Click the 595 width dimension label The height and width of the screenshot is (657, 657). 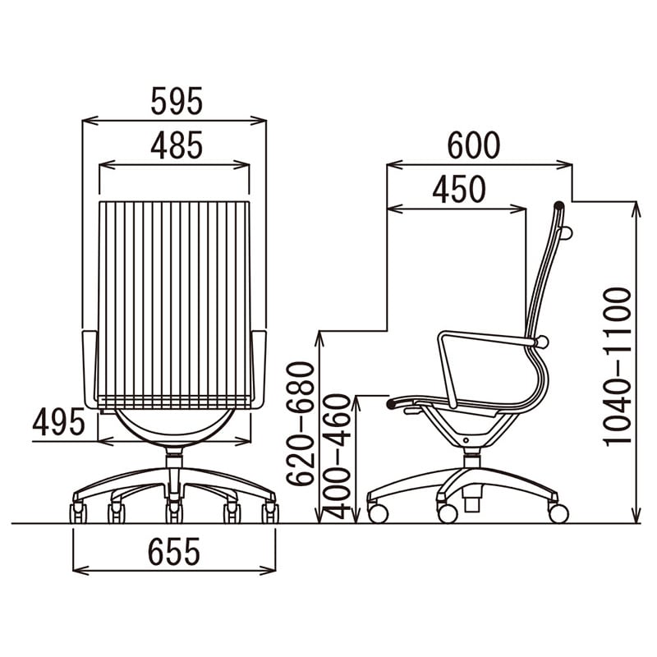click(x=177, y=101)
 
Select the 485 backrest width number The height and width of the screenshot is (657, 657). click(x=177, y=145)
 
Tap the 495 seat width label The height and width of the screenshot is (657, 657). click(x=58, y=421)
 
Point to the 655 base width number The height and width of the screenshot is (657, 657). click(x=174, y=551)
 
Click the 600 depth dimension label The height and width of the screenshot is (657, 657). click(x=474, y=145)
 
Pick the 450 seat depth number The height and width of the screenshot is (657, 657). click(x=459, y=189)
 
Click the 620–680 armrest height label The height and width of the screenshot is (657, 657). click(x=300, y=424)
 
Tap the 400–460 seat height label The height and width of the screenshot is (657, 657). click(x=336, y=457)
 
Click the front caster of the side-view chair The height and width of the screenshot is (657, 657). click(x=378, y=513)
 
